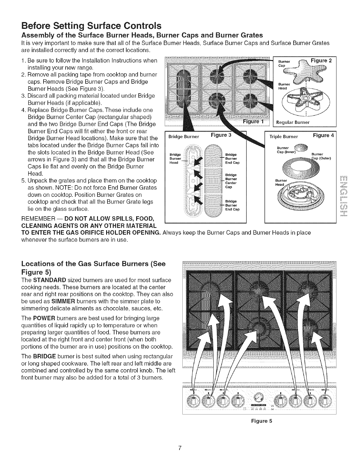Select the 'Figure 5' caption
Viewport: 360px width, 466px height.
pyautogui.click(x=259, y=421)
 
